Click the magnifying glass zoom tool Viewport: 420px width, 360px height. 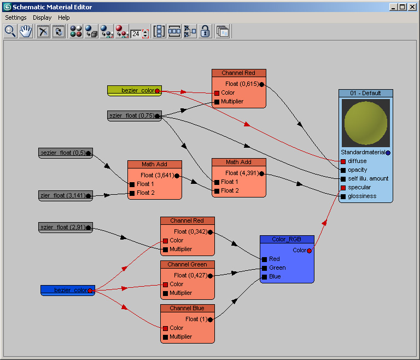[x=10, y=31]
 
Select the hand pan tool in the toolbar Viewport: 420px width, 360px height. [x=26, y=31]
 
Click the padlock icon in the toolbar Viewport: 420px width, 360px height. [x=205, y=31]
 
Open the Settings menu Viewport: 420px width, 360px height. [x=16, y=18]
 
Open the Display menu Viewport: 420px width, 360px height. [x=42, y=18]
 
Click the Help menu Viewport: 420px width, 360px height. [x=64, y=18]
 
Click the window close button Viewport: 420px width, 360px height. [x=412, y=7]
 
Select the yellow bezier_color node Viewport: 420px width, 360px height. [x=135, y=91]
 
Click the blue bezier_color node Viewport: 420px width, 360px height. [x=68, y=291]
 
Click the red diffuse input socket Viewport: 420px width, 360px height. [x=343, y=161]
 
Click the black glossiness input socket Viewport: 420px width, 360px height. [x=343, y=196]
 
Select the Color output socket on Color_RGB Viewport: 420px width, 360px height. [x=309, y=251]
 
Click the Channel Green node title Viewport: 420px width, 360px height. [x=188, y=265]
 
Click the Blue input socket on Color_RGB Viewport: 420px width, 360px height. [x=264, y=277]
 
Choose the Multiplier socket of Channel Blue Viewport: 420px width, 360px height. [x=165, y=337]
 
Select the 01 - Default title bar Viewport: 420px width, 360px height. [x=366, y=94]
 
